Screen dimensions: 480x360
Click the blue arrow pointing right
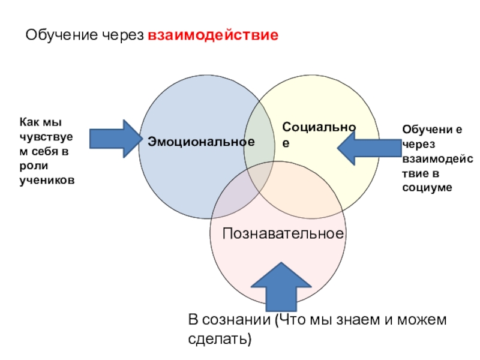tap(115, 139)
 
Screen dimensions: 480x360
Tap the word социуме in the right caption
tap(427, 188)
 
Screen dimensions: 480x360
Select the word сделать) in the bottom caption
tap(219, 340)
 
